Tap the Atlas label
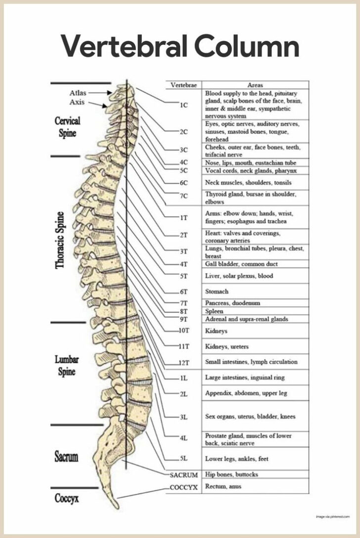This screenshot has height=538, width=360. [x=78, y=93]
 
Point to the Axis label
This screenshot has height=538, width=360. [x=77, y=102]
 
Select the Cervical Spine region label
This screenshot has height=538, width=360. [x=68, y=127]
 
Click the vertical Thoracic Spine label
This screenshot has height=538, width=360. [x=60, y=240]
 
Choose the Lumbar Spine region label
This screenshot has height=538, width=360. [x=67, y=365]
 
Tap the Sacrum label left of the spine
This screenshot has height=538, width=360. [x=66, y=457]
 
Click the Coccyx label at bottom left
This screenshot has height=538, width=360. [x=67, y=498]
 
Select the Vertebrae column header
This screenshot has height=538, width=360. [x=184, y=85]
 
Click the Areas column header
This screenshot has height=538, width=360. [x=255, y=85]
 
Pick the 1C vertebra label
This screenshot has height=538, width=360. [x=184, y=105]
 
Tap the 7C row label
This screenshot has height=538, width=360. [x=184, y=196]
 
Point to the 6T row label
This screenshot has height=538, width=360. [x=184, y=292]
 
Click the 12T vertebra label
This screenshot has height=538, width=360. [x=184, y=363]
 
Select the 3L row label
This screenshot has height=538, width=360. [x=184, y=417]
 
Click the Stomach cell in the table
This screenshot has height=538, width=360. [x=217, y=292]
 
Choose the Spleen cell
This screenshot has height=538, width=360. [x=214, y=311]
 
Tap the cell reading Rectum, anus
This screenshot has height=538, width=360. [x=223, y=486]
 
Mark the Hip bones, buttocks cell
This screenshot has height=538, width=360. [x=231, y=474]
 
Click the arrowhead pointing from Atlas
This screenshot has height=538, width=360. [x=109, y=93]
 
